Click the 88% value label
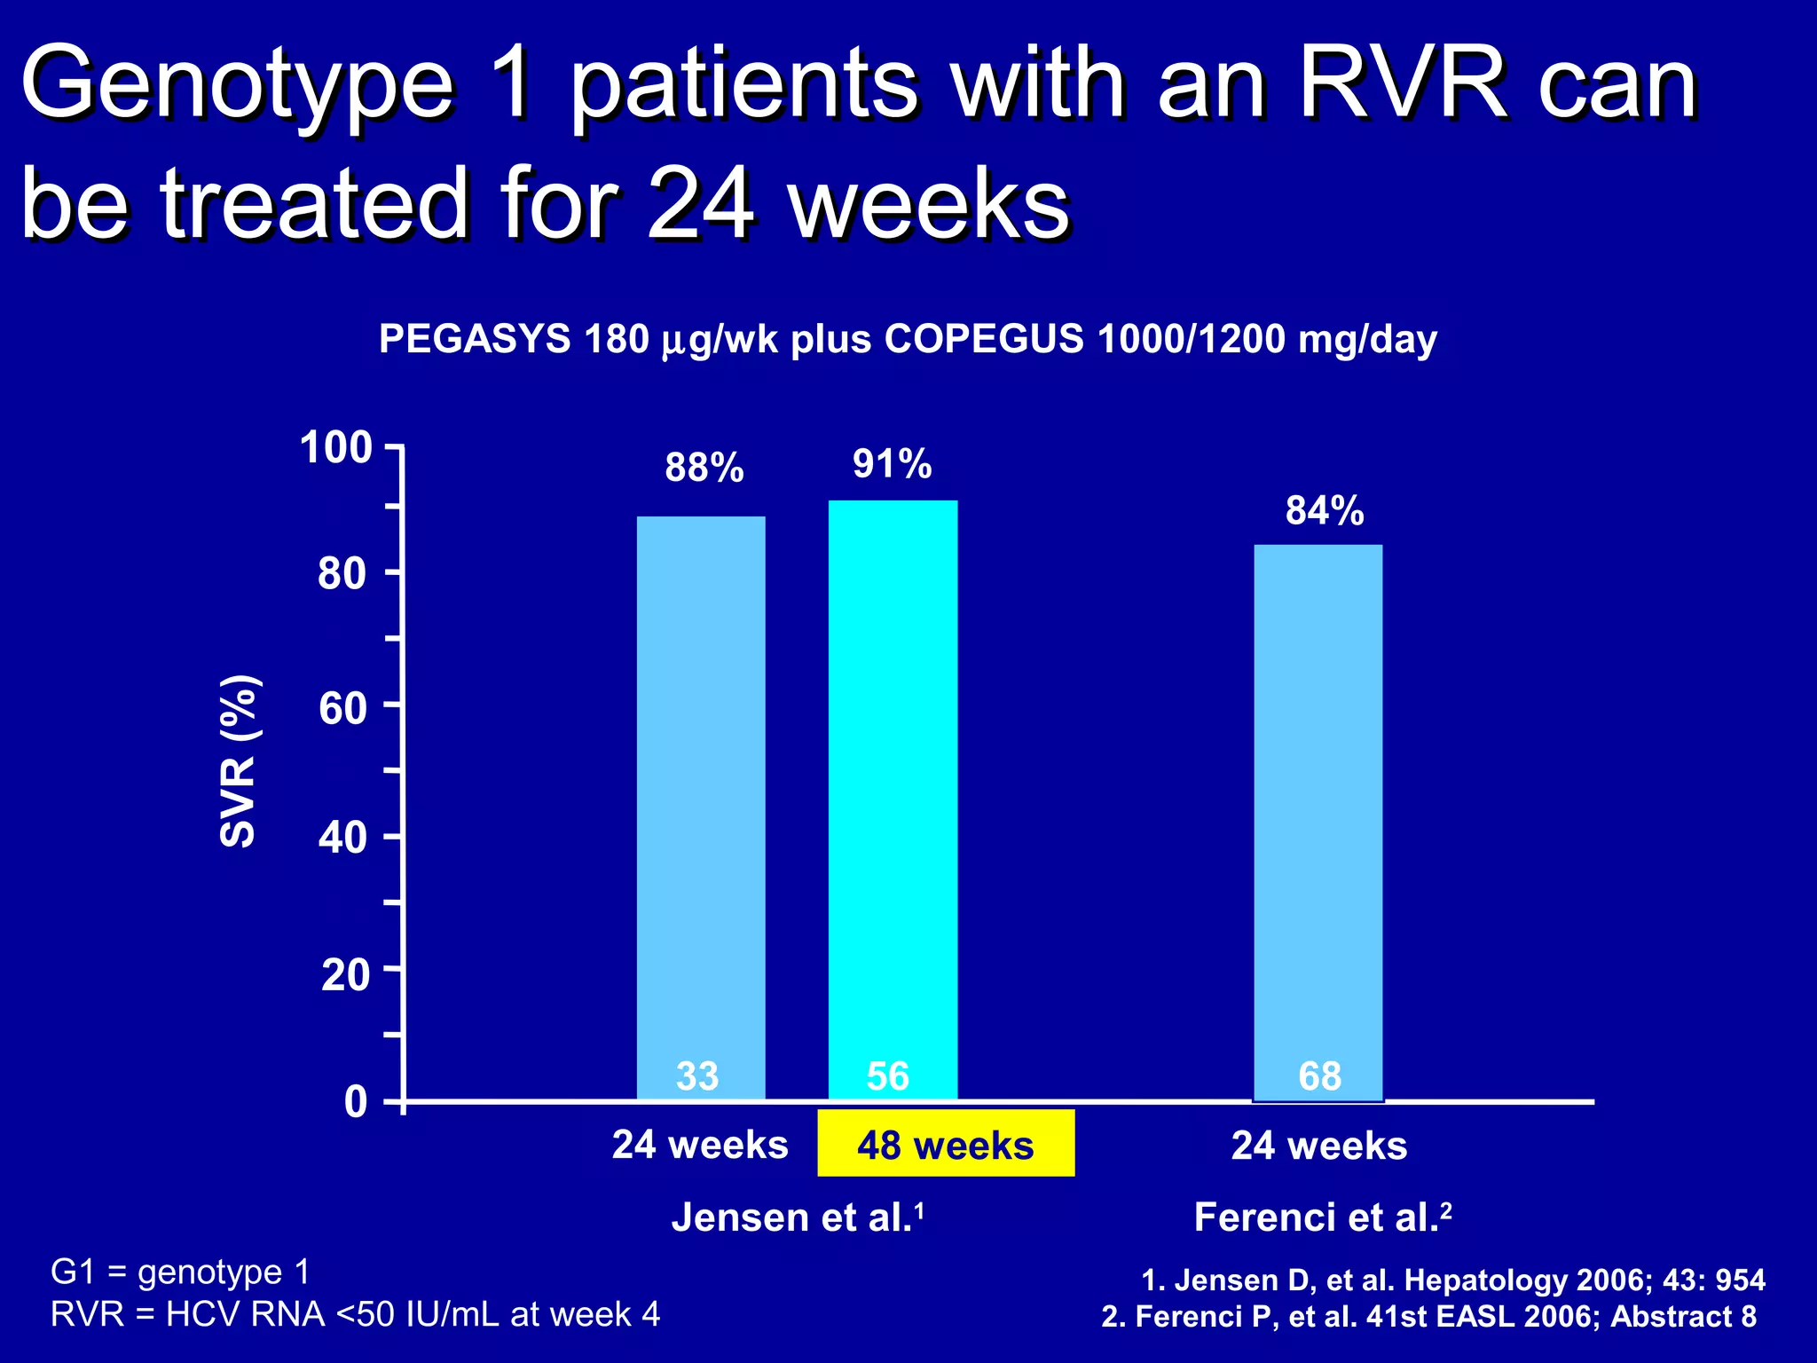[704, 468]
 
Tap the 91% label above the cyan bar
[892, 464]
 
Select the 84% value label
[1324, 511]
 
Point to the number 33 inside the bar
[697, 1076]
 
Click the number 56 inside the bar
[888, 1076]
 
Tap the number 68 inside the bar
[1319, 1076]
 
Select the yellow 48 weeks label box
[946, 1144]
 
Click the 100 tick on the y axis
[336, 447]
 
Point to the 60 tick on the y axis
[342, 708]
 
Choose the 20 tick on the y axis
[344, 974]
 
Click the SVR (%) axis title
[238, 760]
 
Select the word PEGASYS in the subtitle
[475, 339]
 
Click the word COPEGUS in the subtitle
[983, 339]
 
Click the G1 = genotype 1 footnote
[180, 1272]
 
